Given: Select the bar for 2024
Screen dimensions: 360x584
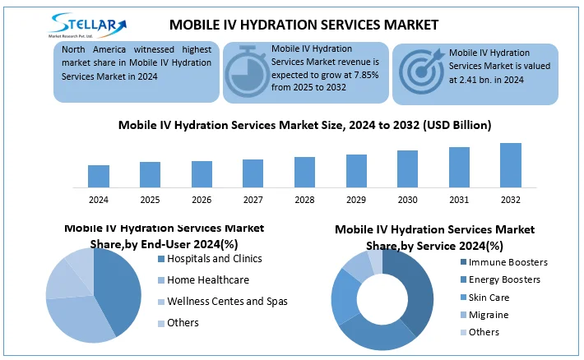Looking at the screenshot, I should [x=99, y=176].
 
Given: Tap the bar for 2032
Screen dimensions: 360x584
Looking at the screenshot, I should [x=511, y=165].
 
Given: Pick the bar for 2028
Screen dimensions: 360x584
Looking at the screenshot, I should [x=304, y=172].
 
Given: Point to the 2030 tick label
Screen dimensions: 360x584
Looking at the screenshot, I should [x=408, y=200].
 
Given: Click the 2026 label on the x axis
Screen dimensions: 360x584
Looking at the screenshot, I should [x=202, y=200].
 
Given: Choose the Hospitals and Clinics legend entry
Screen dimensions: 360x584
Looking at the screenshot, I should [x=215, y=259].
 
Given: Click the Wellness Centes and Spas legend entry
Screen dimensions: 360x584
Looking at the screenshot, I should [x=227, y=302].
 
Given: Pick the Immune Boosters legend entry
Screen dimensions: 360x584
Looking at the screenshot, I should [x=508, y=262].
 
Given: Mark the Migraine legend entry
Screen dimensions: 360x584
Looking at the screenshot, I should [x=489, y=315].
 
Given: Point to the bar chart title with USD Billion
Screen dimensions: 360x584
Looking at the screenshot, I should [x=304, y=126].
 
